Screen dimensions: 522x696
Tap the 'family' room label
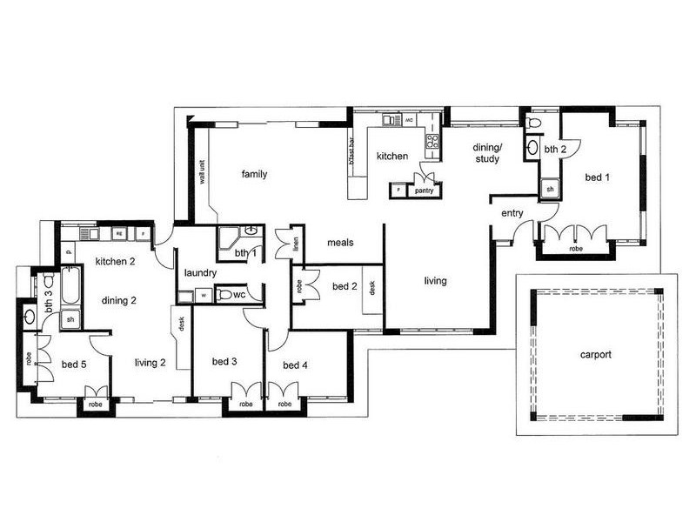click(x=254, y=174)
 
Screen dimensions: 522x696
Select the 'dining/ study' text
click(x=487, y=153)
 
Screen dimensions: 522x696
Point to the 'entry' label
click(x=512, y=213)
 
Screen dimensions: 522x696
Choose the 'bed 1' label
click(x=597, y=177)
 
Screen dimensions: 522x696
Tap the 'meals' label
click(x=340, y=243)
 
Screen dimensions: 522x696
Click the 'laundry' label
click(x=200, y=273)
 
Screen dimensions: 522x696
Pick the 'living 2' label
click(x=151, y=364)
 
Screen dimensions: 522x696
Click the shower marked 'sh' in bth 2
click(x=550, y=188)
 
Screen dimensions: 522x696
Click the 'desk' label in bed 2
click(x=371, y=287)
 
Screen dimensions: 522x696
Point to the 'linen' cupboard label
click(x=296, y=246)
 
